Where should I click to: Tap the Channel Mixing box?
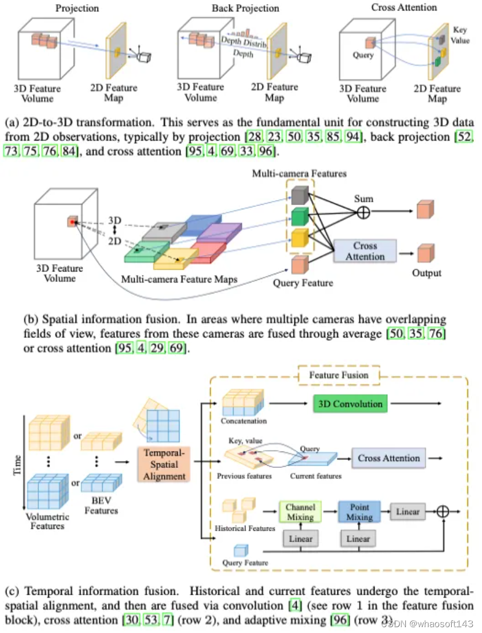coord(300,512)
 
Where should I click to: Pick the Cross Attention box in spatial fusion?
coord(365,251)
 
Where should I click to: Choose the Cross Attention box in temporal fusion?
coord(389,458)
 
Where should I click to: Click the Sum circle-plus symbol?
coord(363,212)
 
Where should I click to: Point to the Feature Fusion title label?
coord(339,375)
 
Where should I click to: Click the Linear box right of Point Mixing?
coord(408,512)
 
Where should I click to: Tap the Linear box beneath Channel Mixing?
coord(300,539)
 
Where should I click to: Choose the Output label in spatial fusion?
coord(426,273)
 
